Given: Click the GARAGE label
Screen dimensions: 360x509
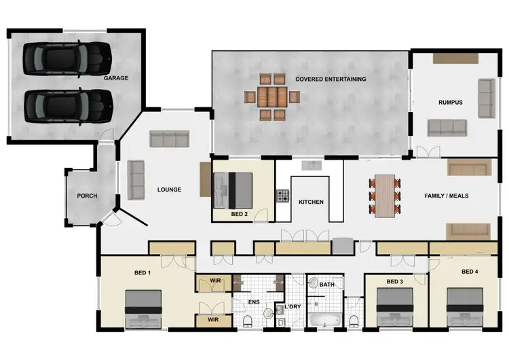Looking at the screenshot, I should (116, 78).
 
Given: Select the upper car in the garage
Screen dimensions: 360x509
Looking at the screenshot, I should (67, 59).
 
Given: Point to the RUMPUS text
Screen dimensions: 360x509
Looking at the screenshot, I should (450, 103).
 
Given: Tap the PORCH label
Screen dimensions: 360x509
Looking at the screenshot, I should (87, 196).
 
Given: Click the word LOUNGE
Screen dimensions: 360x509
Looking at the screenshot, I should (169, 190).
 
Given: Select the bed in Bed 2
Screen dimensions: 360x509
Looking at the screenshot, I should (233, 190).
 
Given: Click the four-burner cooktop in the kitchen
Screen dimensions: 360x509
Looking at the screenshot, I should (282, 196).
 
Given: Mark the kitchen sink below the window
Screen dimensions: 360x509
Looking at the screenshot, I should (312, 165).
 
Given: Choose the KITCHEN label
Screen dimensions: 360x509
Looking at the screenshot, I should (311, 202).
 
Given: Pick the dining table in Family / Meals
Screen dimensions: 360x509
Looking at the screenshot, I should (385, 196).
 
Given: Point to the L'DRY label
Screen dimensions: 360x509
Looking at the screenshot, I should (293, 306).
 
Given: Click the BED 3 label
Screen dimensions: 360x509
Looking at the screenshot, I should (396, 281).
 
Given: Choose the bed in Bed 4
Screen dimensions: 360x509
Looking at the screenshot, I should (464, 307).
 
